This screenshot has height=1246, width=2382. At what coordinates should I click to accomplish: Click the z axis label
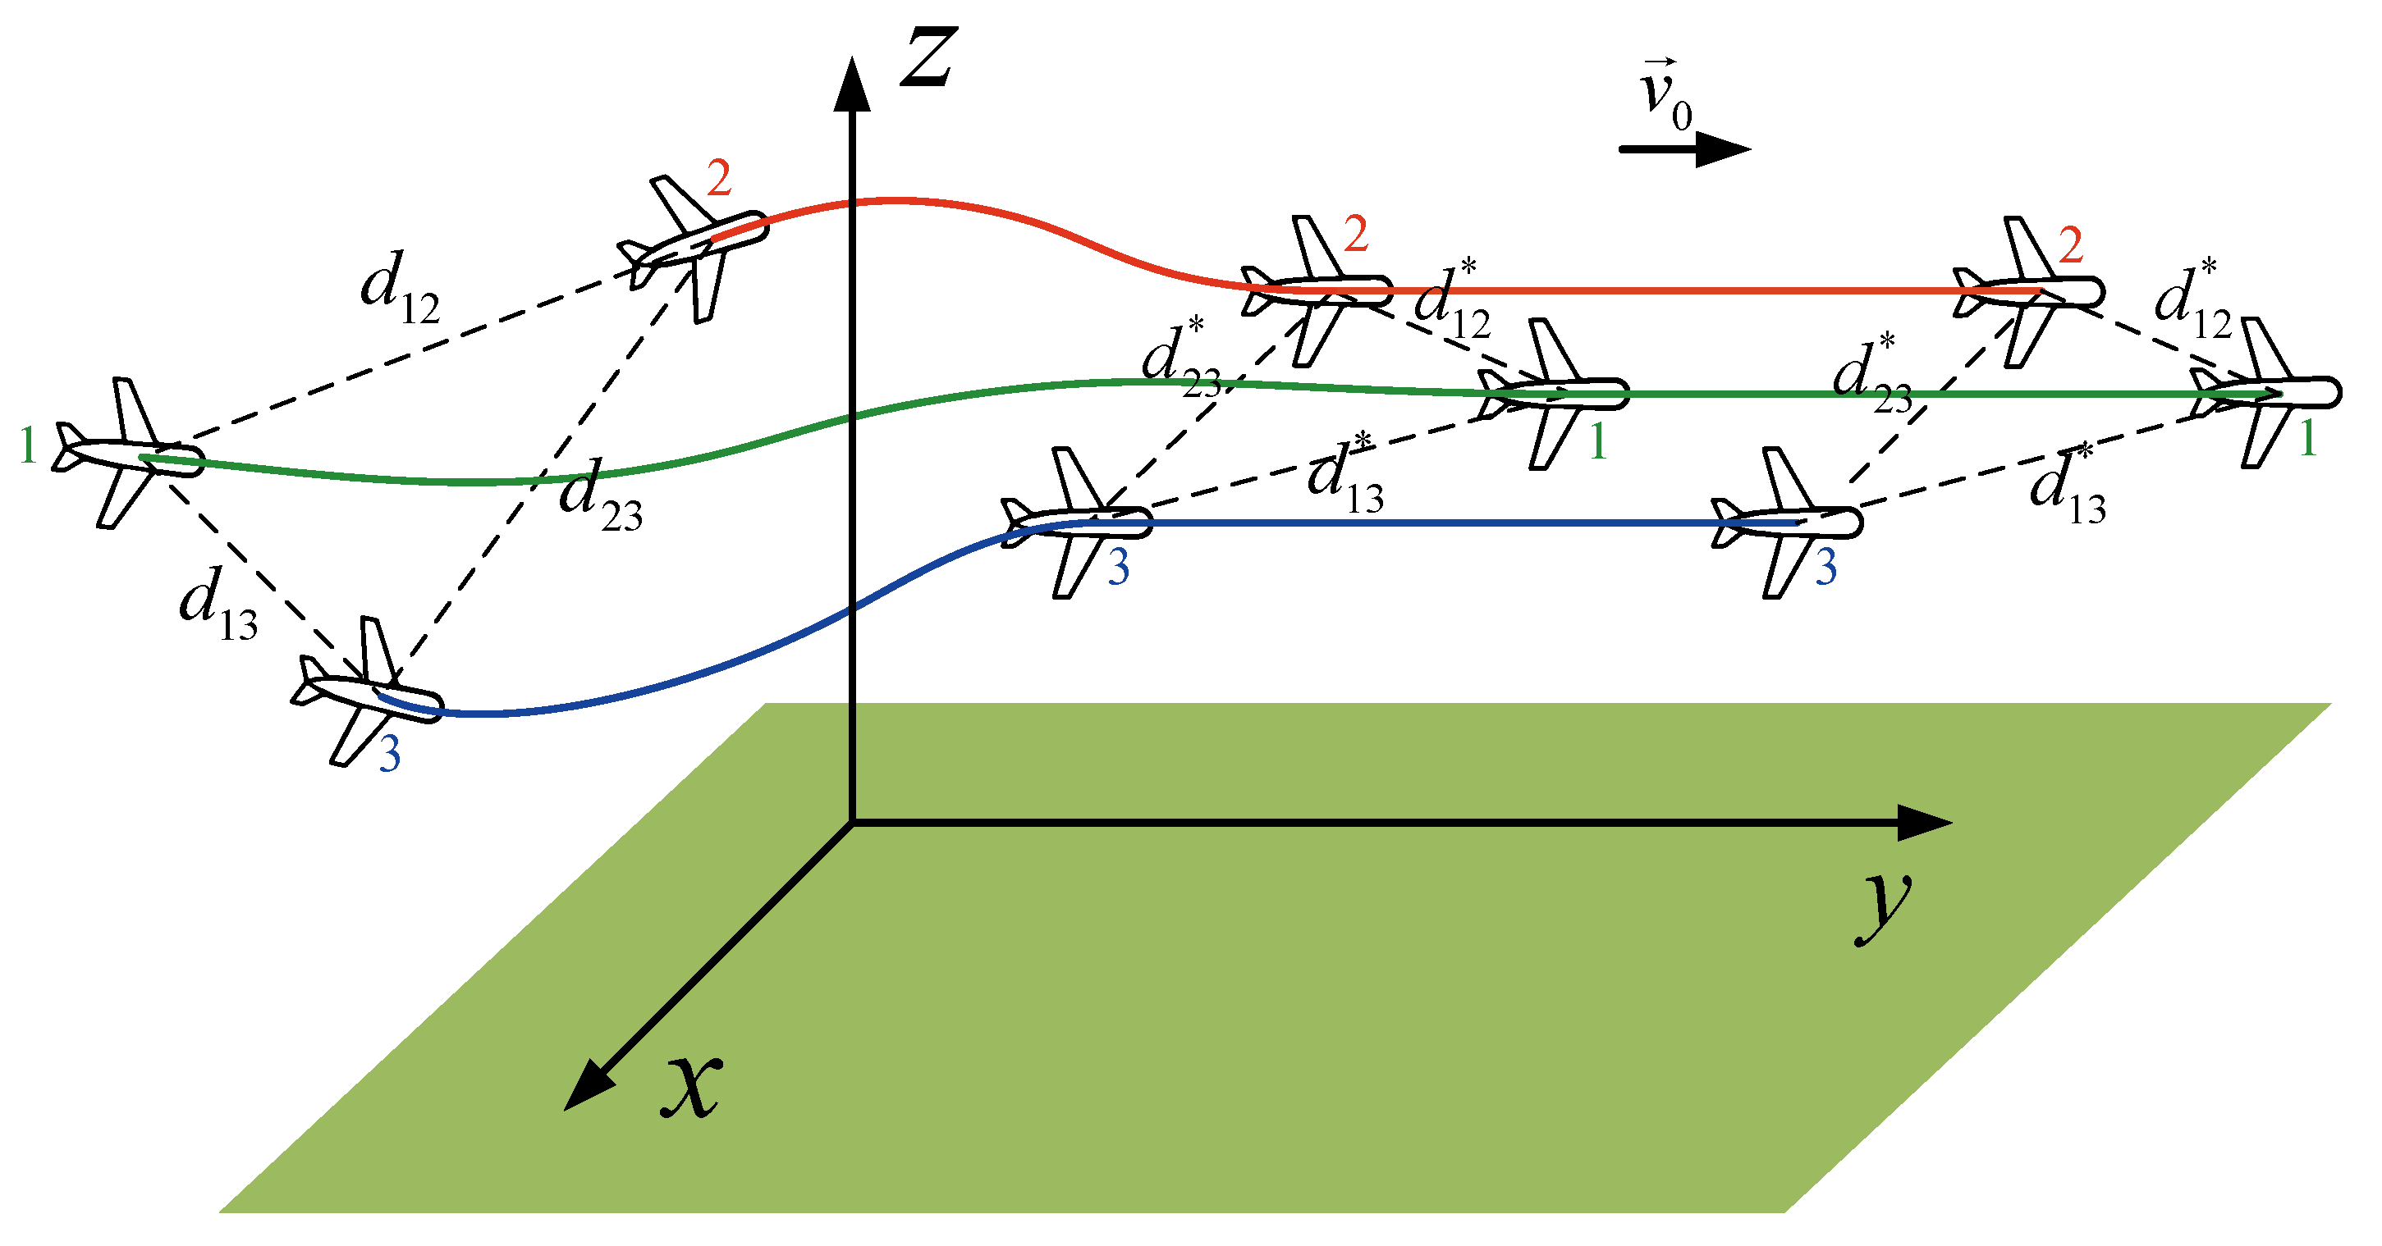pos(928,57)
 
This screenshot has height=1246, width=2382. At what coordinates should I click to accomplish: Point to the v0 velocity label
pos(1664,97)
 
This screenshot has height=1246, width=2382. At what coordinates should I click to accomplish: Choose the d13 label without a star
pos(218,603)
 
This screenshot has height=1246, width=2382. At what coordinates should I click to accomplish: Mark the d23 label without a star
pos(600,496)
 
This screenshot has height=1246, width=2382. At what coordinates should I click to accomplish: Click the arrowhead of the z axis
pos(852,83)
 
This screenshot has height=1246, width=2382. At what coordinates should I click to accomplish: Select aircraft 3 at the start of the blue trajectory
pos(367,691)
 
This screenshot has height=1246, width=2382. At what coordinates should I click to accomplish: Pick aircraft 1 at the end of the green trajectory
pos(2265,393)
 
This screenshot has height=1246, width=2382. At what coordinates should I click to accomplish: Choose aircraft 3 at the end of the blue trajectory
pos(1786,523)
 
